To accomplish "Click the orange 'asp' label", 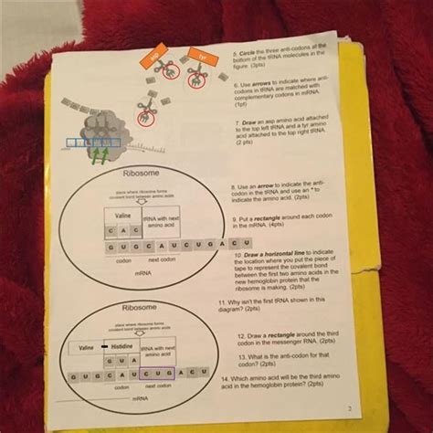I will pyautogui.click(x=154, y=58).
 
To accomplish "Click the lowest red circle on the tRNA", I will pyautogui.click(x=142, y=117).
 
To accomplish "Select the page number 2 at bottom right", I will pyautogui.click(x=348, y=408).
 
